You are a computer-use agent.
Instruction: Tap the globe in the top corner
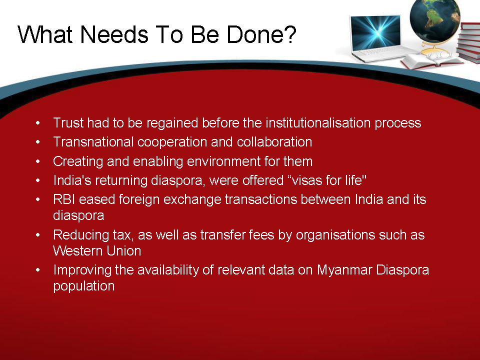[x=434, y=20]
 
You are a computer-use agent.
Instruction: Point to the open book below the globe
[x=431, y=60]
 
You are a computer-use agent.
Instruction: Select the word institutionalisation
[x=318, y=123]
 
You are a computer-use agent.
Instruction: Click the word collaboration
[x=274, y=142]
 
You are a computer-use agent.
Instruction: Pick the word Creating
[x=78, y=161]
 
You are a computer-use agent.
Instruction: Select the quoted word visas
[x=306, y=180]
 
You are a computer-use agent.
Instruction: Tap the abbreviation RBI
[x=64, y=199]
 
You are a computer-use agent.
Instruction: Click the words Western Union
[x=97, y=251]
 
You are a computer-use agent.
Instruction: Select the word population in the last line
[x=84, y=286]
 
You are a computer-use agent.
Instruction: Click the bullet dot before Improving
[x=37, y=270]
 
